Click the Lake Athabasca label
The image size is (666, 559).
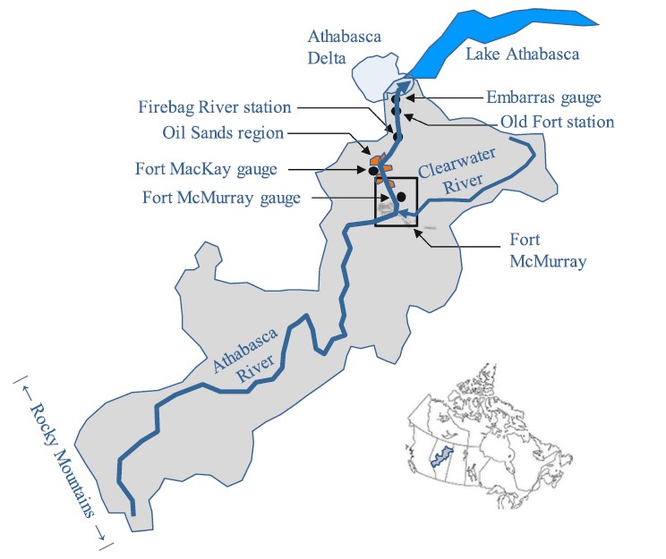pos(522,55)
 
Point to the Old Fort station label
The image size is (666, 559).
pos(556,122)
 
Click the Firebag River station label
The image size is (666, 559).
pos(215,107)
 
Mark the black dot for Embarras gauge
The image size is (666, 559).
pos(395,98)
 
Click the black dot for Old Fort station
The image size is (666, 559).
pos(395,111)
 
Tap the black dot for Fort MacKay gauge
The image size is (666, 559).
pos(372,169)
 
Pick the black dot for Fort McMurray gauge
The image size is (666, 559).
pos(401,196)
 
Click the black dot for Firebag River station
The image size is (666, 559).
pos(395,137)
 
